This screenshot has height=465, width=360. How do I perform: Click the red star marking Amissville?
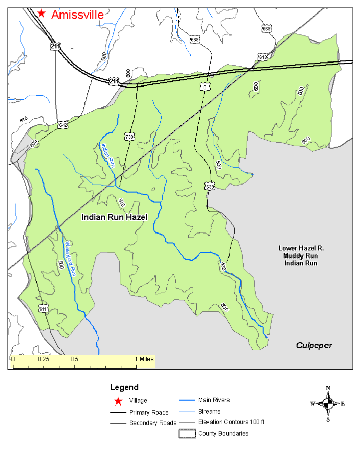pyautogui.click(x=42, y=13)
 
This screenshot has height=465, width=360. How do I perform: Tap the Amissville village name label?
pyautogui.click(x=77, y=14)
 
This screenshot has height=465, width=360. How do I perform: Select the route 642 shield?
pyautogui.click(x=63, y=125)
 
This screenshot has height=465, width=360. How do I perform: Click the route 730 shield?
pyautogui.click(x=129, y=136)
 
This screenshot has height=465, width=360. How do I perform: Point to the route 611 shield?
pyautogui.click(x=43, y=308)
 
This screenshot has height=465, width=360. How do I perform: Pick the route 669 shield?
pyautogui.click(x=267, y=29)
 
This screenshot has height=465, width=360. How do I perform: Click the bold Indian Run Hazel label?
pyautogui.click(x=114, y=218)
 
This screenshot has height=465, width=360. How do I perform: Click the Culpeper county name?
pyautogui.click(x=314, y=345)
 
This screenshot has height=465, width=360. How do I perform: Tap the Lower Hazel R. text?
pyautogui.click(x=298, y=248)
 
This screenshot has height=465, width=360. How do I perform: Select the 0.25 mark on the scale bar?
pyautogui.click(x=43, y=359)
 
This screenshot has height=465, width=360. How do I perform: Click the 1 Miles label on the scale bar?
pyautogui.click(x=144, y=359)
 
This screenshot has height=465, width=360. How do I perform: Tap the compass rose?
pyautogui.click(x=328, y=404)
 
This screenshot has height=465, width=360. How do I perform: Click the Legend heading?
pyautogui.click(x=124, y=387)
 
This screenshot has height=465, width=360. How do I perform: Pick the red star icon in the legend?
pyautogui.click(x=118, y=401)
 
